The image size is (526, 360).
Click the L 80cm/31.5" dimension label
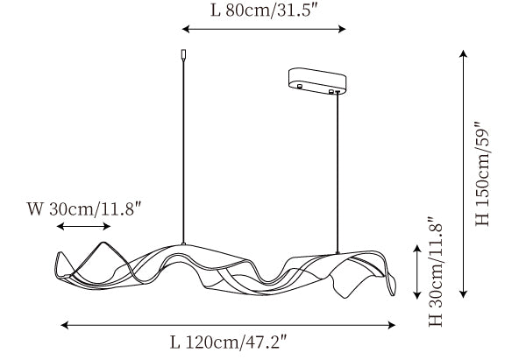(264, 11)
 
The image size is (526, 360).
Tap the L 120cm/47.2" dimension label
(228, 342)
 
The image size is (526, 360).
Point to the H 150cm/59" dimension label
(482, 173)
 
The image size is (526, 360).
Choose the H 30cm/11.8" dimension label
(436, 272)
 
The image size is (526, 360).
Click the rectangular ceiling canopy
(317, 81)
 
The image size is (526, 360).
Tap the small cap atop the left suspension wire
(183, 55)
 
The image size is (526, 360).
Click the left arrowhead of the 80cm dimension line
(186, 29)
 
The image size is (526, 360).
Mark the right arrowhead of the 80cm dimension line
(342, 29)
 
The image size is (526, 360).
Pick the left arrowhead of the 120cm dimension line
(64, 325)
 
